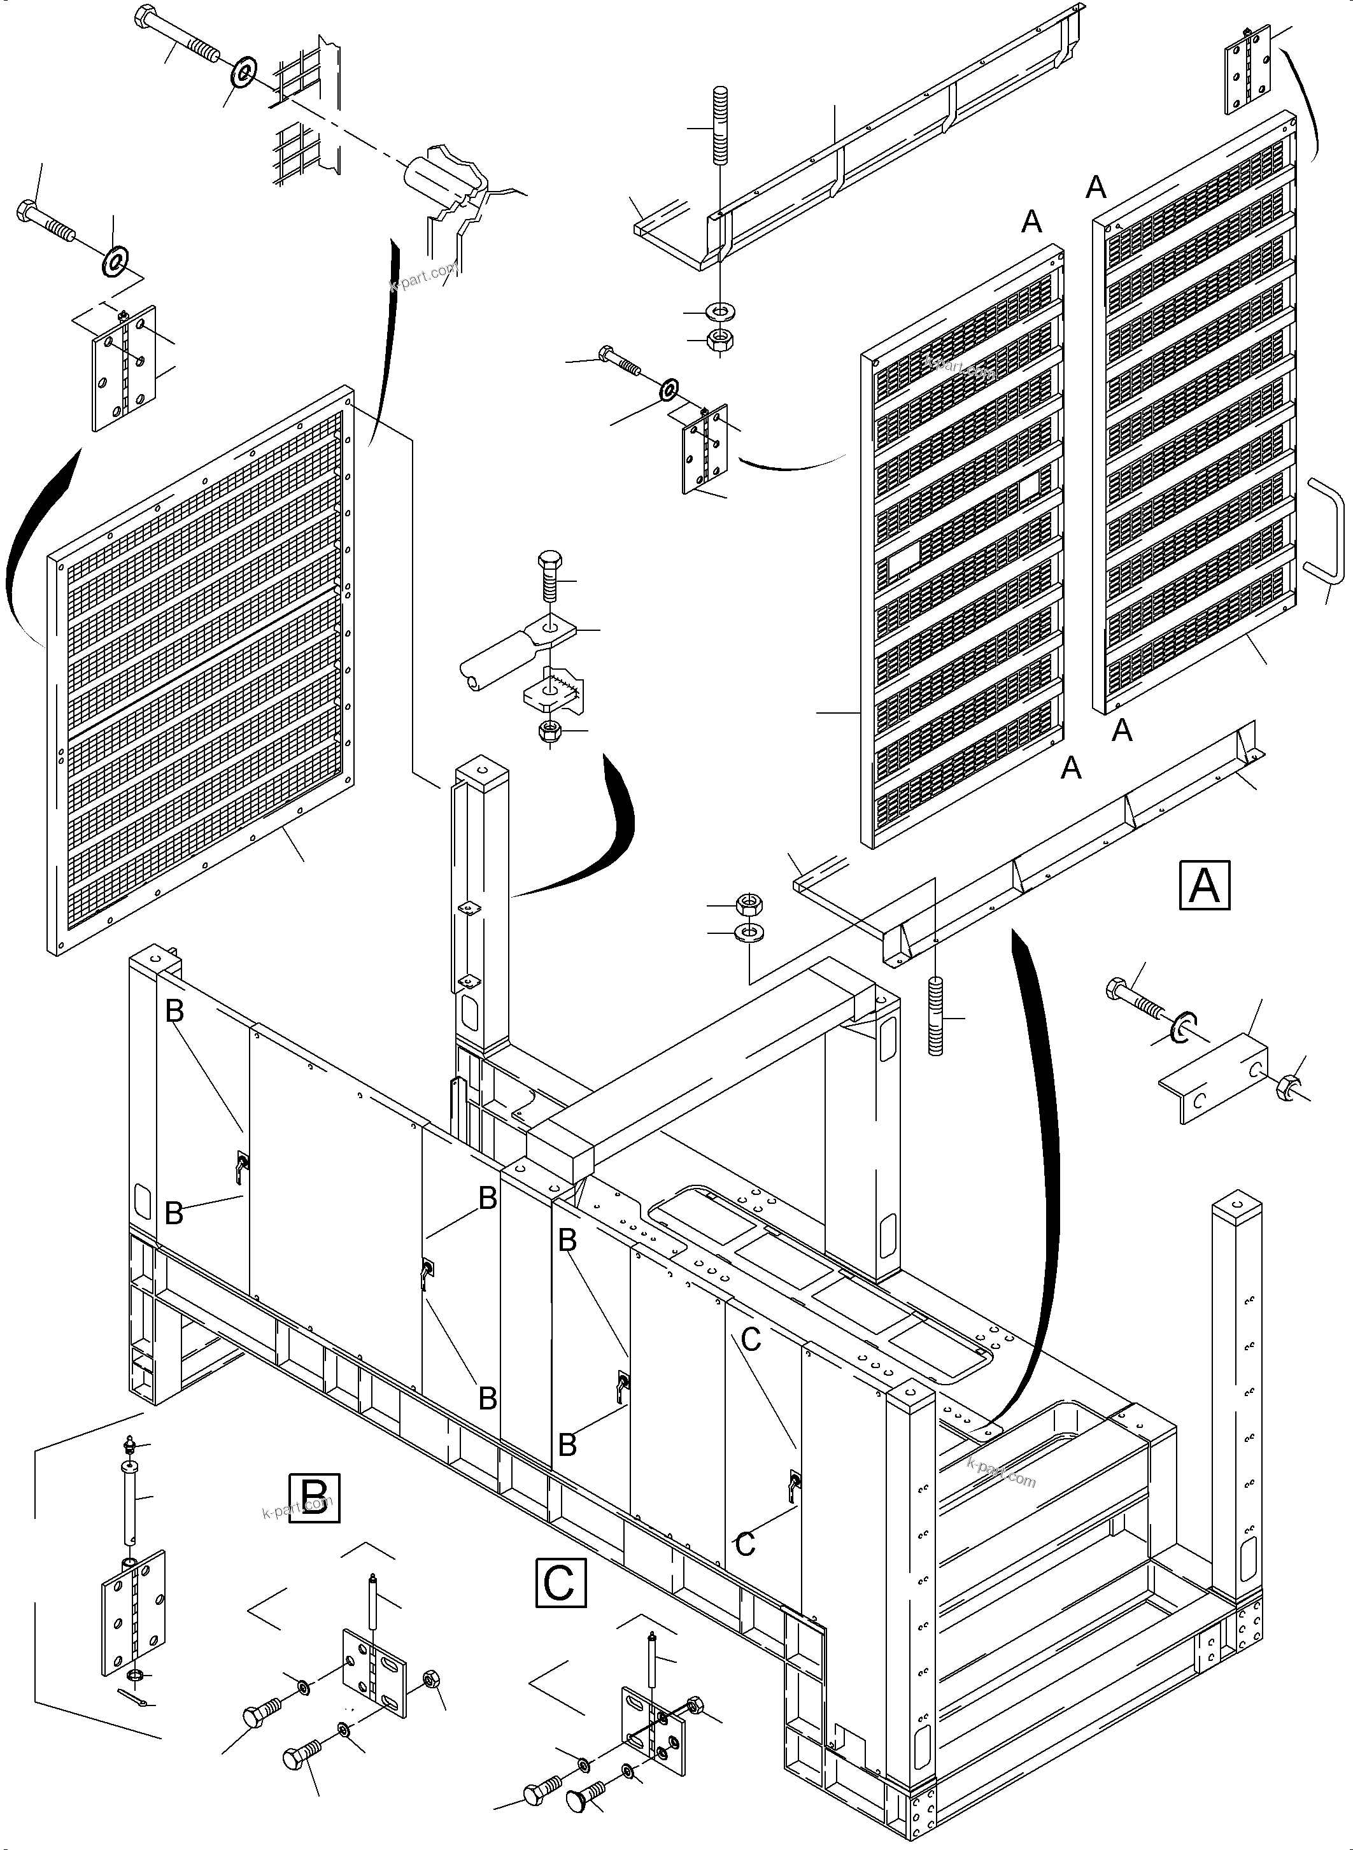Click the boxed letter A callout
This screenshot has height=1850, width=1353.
(1204, 884)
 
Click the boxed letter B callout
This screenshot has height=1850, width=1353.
(315, 1498)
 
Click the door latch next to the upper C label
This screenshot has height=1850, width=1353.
(793, 1484)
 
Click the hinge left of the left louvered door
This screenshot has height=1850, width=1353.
(704, 449)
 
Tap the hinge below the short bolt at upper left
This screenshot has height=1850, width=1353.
(125, 368)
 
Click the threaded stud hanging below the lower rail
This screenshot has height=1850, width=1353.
(935, 1016)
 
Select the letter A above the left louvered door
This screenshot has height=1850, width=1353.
(1032, 221)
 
